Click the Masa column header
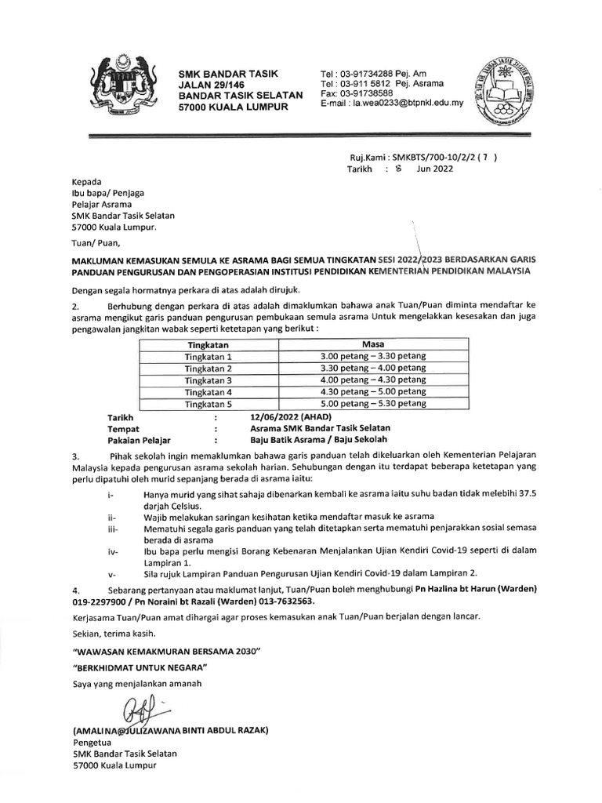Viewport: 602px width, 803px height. (x=373, y=344)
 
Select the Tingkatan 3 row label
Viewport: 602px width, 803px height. (x=208, y=380)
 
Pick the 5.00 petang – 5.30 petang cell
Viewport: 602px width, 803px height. (x=373, y=404)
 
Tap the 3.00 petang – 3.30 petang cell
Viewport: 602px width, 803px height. (x=373, y=356)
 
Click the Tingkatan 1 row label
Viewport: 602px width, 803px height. (x=208, y=357)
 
